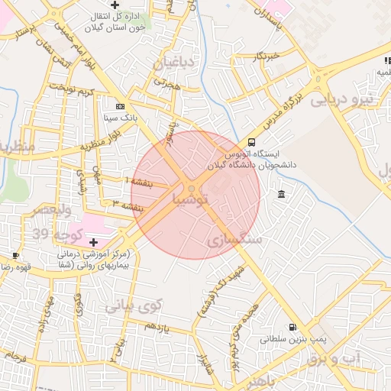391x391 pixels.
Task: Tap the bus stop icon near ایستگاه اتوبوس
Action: click(251, 142)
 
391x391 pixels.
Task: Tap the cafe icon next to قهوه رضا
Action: click(16, 255)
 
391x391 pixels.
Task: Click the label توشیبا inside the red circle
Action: click(200, 200)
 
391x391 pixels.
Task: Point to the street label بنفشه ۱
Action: click(138, 182)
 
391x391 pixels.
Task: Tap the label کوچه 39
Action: click(50, 231)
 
